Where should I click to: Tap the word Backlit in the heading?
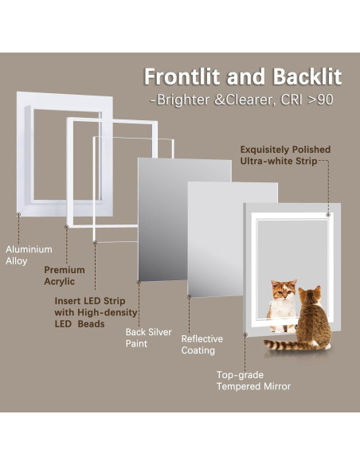[307, 77]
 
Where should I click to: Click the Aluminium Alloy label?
[29, 255]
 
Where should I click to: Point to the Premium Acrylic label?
[65, 275]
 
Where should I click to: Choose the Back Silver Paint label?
[149, 338]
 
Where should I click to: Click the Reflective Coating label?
[202, 345]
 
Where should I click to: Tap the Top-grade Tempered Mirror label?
[253, 381]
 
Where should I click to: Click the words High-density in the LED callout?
[108, 313]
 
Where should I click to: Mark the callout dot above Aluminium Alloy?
[18, 214]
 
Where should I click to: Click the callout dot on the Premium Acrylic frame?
[66, 227]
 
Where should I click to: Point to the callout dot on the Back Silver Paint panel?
[139, 283]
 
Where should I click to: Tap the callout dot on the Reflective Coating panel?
[190, 296]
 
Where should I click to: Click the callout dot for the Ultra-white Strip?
[327, 214]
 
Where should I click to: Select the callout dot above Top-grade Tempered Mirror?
[245, 334]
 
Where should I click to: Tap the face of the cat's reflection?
[284, 291]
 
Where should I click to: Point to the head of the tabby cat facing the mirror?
[310, 295]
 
